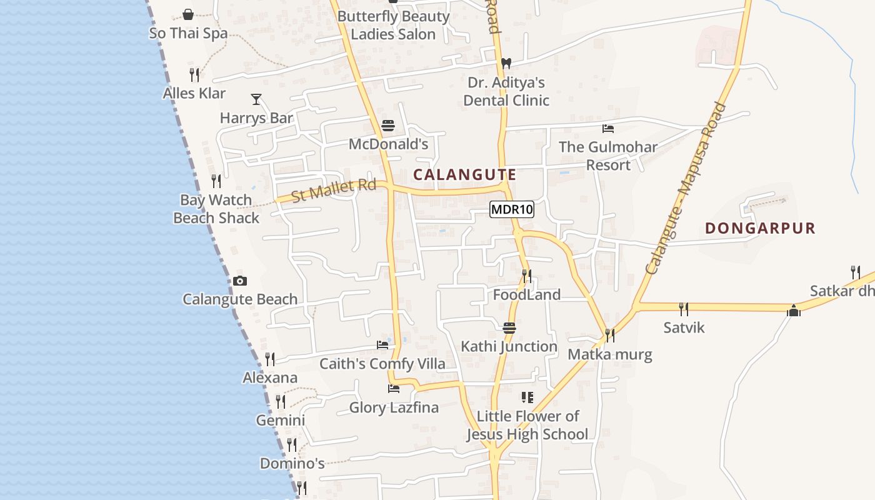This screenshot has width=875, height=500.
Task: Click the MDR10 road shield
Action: [x=512, y=209]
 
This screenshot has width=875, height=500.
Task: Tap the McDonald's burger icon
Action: [x=387, y=126]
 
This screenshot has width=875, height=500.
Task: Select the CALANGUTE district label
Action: [x=465, y=175]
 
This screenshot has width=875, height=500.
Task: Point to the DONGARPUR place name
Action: [x=761, y=228]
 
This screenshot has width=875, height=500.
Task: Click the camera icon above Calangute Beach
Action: [x=239, y=281]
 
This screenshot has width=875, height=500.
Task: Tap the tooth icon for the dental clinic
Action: [x=506, y=63]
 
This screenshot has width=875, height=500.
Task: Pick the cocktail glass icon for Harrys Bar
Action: [x=256, y=99]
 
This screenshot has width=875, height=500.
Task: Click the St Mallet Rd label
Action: [x=334, y=190]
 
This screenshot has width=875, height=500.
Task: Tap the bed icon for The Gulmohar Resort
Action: [x=607, y=129]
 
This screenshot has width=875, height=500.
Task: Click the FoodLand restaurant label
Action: [x=527, y=294]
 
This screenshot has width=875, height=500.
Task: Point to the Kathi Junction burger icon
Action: [x=509, y=328]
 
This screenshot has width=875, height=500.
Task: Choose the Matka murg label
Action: [x=609, y=355]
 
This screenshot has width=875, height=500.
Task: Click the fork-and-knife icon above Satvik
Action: [x=684, y=309]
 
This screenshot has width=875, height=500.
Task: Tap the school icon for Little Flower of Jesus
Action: [x=527, y=397]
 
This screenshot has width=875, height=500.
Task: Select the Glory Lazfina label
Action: [x=394, y=407]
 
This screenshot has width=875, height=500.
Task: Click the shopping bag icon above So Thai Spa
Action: [x=188, y=14]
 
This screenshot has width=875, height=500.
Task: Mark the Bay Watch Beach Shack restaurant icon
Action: [x=216, y=181]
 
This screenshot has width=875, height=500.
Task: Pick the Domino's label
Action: [x=292, y=464]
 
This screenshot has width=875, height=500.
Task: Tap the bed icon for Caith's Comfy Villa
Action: [x=382, y=345]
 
